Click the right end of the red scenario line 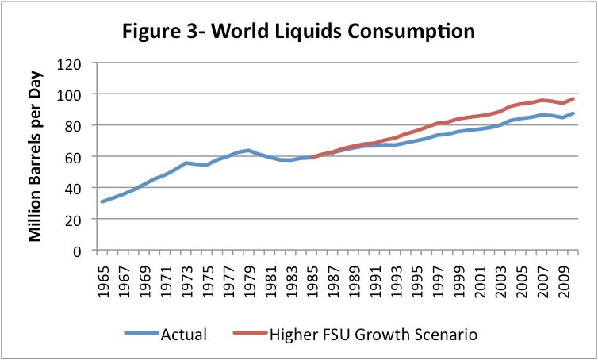click(x=573, y=98)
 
